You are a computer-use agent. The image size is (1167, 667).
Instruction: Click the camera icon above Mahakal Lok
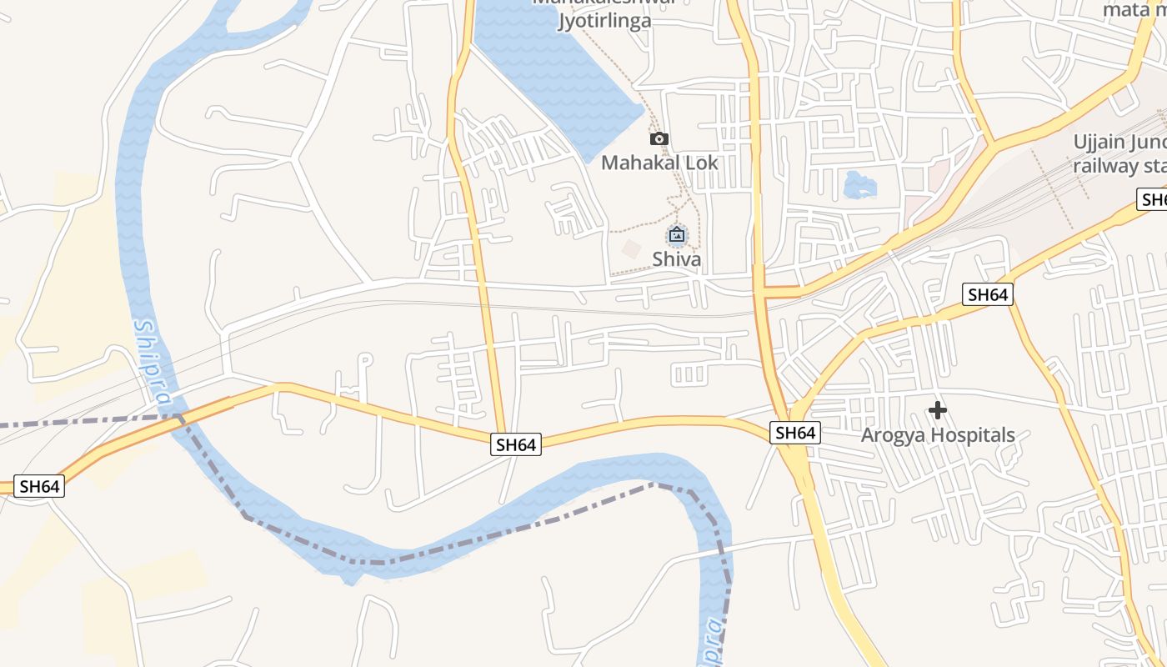pyautogui.click(x=659, y=139)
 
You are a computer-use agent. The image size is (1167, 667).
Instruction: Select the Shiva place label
pyautogui.click(x=676, y=259)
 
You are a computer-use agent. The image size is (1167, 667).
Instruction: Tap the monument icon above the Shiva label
pyautogui.click(x=677, y=235)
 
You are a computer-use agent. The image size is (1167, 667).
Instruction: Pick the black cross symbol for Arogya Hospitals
pyautogui.click(x=938, y=410)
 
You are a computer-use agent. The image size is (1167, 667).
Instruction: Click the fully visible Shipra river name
pyautogui.click(x=155, y=365)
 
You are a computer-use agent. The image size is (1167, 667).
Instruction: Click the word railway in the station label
pyautogui.click(x=1105, y=165)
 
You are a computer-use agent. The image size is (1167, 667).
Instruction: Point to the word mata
pyautogui.click(x=1127, y=10)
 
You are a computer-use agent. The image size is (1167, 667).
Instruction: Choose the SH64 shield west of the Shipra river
pyautogui.click(x=39, y=487)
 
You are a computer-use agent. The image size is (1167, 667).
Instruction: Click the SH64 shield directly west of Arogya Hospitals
pyautogui.click(x=794, y=433)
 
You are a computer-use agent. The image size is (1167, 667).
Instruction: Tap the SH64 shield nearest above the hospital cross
pyautogui.click(x=987, y=294)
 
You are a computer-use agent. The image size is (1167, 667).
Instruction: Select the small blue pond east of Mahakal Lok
pyautogui.click(x=859, y=184)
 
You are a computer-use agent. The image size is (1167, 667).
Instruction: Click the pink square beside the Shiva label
pyautogui.click(x=632, y=248)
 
